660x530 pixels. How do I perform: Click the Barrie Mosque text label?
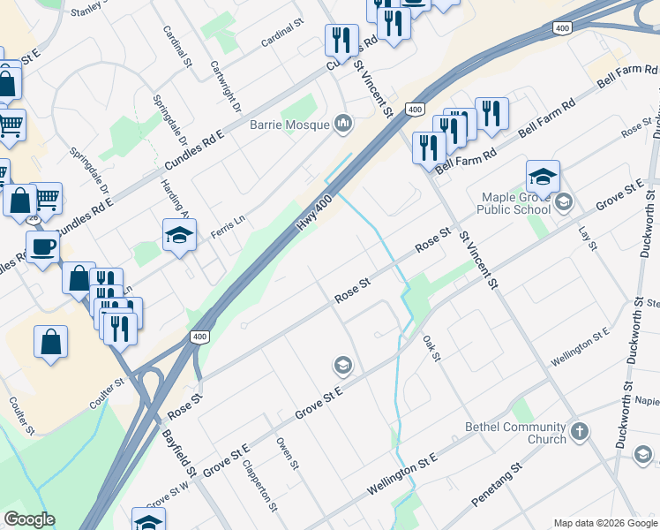coord(289,125)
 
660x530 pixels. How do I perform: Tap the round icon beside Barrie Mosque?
coord(343,124)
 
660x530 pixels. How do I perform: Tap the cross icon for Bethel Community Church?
coord(579,432)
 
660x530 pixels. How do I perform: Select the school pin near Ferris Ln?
coord(179,235)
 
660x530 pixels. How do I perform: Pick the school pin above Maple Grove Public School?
coord(543,176)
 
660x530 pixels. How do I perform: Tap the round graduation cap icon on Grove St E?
coord(342,365)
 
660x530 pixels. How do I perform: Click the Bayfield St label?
coord(182,452)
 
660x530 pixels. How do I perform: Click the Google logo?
coord(29,519)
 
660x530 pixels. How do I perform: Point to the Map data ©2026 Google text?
coord(605,523)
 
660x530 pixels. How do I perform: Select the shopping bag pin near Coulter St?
coord(51,342)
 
